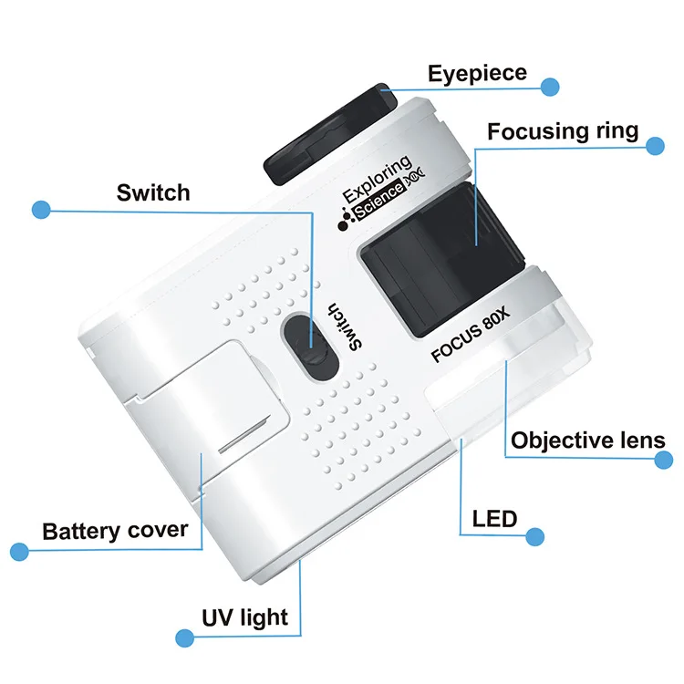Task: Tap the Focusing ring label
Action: [x=563, y=130]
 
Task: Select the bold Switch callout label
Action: [x=153, y=192]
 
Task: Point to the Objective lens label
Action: [x=588, y=440]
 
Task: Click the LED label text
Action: [x=495, y=521]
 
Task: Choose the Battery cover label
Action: [x=115, y=530]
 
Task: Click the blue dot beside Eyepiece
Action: [x=549, y=88]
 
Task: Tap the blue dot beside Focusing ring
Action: [x=654, y=144]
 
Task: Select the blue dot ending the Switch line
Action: [x=39, y=210]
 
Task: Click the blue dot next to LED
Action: [x=535, y=536]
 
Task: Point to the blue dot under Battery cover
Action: [x=18, y=551]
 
